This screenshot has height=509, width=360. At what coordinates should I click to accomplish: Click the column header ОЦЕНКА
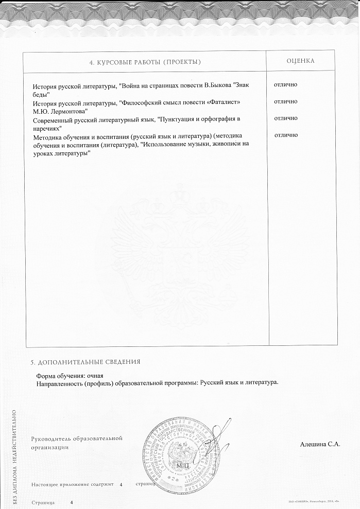[x=300, y=61]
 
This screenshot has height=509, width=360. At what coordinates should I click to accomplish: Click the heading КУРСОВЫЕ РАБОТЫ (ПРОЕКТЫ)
[x=145, y=62]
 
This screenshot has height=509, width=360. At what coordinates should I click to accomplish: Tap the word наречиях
[x=47, y=128]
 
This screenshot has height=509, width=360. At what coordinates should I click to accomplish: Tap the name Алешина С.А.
[x=320, y=443]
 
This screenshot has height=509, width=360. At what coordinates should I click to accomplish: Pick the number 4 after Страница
[x=72, y=502]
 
